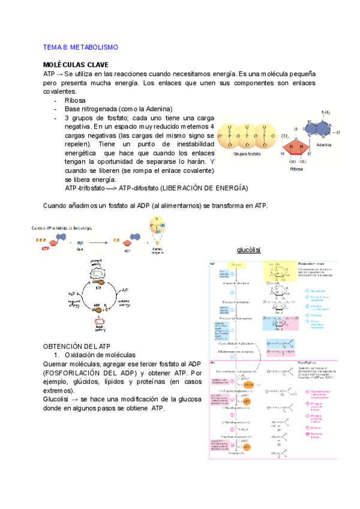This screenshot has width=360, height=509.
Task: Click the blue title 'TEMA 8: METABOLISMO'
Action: [80, 47]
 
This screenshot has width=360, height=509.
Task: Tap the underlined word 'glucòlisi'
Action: [247, 250]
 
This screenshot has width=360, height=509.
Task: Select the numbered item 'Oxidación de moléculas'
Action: [99, 355]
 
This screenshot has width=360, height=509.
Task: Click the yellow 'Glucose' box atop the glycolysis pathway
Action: [238, 265]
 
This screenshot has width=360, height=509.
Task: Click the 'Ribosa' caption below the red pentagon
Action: [296, 169]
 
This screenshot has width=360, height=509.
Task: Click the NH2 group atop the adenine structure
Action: [326, 113]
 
